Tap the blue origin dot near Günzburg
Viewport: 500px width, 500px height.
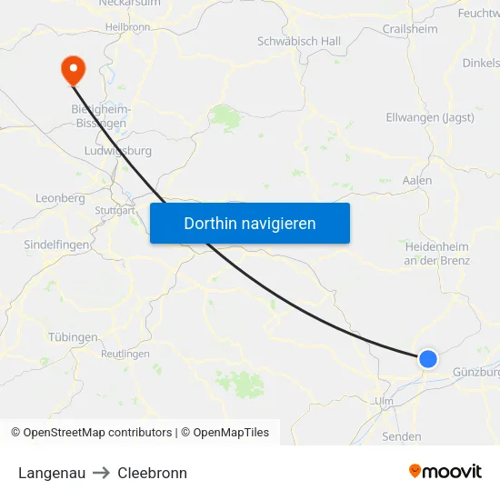(427, 359)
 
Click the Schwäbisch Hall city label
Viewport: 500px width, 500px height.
(299, 42)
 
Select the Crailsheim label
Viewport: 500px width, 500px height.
(409, 29)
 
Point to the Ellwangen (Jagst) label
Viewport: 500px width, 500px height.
(430, 117)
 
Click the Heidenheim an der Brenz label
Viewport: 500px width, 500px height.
(436, 253)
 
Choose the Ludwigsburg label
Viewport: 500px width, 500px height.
(117, 151)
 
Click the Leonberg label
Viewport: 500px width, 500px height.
(60, 197)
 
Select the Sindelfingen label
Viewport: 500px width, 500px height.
(56, 245)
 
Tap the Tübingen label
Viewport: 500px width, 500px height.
(72, 337)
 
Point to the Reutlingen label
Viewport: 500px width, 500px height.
(125, 354)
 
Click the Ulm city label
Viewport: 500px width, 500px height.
(384, 401)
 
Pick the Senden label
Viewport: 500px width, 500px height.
(402, 436)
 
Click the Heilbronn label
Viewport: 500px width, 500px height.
(127, 27)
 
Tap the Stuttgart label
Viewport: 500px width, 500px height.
(115, 211)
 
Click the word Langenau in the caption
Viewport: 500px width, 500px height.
(51, 473)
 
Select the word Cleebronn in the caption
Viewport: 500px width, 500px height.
(152, 473)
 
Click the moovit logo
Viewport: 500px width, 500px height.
(445, 471)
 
